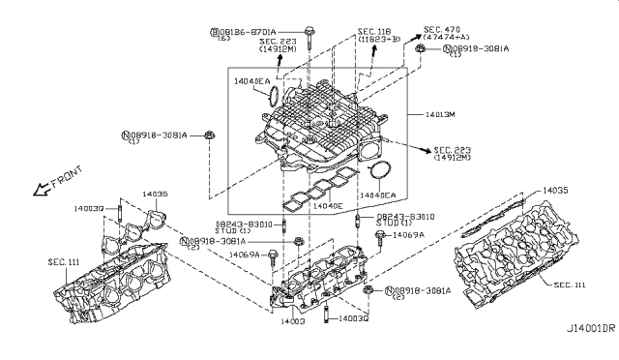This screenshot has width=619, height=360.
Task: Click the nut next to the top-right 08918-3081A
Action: (420, 47)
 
